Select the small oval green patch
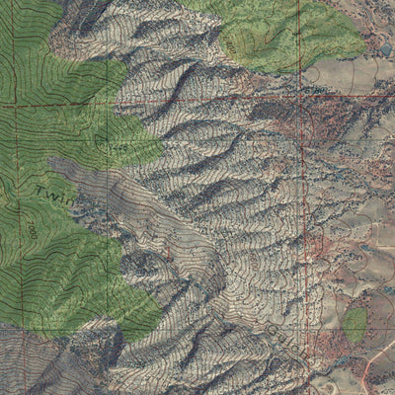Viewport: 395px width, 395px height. tap(355, 322)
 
